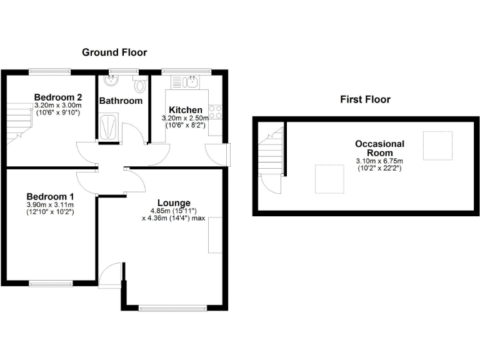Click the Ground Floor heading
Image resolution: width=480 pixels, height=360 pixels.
pyautogui.click(x=114, y=52)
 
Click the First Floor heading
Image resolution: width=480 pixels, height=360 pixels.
pyautogui.click(x=365, y=99)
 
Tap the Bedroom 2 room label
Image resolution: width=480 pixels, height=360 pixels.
pyautogui.click(x=58, y=97)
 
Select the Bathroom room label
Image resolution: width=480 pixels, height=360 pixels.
pyautogui.click(x=121, y=101)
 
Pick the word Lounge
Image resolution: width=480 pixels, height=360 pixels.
pyautogui.click(x=174, y=202)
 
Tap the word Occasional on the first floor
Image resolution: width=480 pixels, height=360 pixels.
pyautogui.click(x=379, y=144)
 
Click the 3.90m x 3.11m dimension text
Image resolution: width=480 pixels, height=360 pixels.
pyautogui.click(x=50, y=205)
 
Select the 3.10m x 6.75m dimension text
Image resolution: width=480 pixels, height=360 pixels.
pyautogui.click(x=380, y=161)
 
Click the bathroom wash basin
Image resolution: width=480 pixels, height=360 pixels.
pyautogui.click(x=112, y=82)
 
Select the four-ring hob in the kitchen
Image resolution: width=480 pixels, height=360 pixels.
pyautogui.click(x=216, y=112)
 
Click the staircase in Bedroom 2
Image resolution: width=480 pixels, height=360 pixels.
pyautogui.click(x=19, y=123)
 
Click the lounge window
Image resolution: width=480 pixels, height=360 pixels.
pyautogui.click(x=172, y=307)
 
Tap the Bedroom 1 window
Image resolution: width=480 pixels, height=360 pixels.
pyautogui.click(x=50, y=283)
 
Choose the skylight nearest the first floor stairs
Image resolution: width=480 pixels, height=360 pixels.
pyautogui.click(x=329, y=179)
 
